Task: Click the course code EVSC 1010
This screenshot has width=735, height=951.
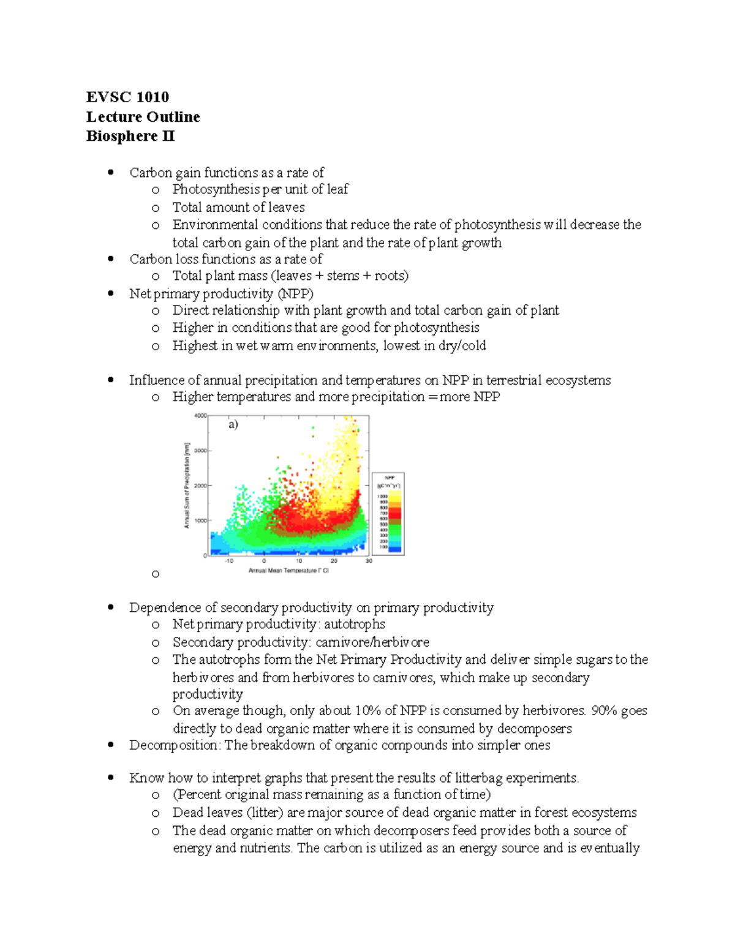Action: pos(127,97)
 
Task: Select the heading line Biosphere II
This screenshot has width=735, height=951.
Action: pos(130,136)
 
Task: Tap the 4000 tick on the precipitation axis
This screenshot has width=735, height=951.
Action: pos(200,416)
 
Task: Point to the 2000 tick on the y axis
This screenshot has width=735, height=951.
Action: pos(200,486)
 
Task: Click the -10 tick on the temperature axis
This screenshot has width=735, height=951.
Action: pos(228,561)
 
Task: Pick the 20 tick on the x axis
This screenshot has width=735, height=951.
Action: pos(334,561)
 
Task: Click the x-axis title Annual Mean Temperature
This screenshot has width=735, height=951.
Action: pos(288,571)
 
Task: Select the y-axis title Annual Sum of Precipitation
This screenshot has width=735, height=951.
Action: pos(187,485)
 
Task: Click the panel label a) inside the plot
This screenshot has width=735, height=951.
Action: pos(233,424)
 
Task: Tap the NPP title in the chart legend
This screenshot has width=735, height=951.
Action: pos(389,478)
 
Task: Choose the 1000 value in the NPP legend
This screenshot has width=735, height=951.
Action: pos(383,497)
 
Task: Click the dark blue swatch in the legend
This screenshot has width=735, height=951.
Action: pos(395,549)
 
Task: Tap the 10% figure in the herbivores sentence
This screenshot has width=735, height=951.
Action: pos(367,711)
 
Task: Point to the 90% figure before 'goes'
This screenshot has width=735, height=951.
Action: pos(604,711)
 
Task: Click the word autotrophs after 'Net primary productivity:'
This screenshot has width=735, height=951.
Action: pos(355,624)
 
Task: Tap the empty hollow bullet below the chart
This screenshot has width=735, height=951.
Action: pos(156,574)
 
